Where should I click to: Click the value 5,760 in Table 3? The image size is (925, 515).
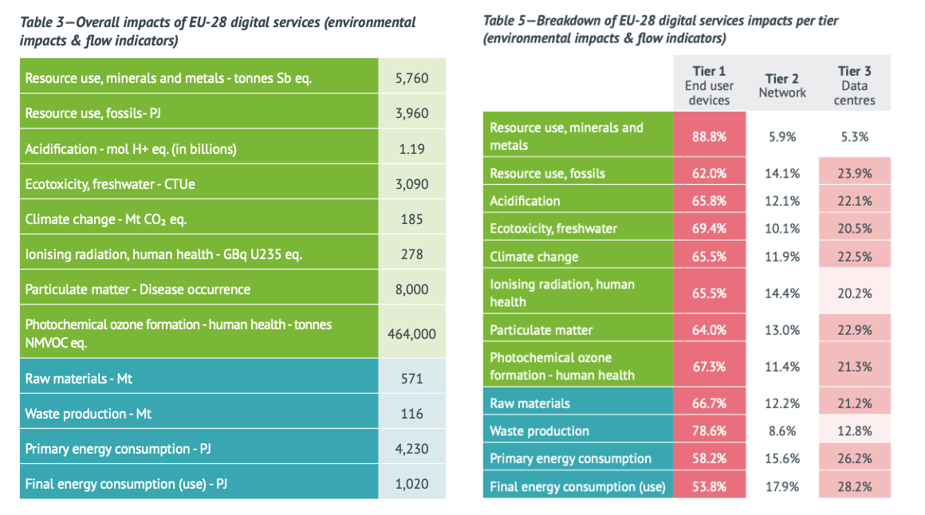pos(411,78)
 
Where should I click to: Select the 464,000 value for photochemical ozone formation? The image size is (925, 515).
pos(411,334)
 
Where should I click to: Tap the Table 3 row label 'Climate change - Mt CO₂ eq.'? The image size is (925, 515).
pos(106,219)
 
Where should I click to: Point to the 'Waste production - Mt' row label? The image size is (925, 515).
pos(89,414)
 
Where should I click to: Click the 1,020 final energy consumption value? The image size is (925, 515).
pos(411,484)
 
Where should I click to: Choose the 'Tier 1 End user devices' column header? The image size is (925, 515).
pos(709,85)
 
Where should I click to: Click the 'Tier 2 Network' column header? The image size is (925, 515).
pos(781,85)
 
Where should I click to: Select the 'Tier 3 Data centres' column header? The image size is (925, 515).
pos(855,85)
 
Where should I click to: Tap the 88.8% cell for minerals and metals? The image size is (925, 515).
pos(709,136)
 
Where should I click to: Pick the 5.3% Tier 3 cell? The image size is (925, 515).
pos(855,136)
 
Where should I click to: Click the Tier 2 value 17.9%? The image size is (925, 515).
pos(781,486)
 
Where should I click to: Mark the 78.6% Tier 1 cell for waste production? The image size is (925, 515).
pos(709,430)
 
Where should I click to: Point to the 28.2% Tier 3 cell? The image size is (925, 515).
pos(855,486)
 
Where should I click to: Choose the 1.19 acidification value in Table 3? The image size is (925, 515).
pos(411,149)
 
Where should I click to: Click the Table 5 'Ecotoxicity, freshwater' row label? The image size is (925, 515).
pos(553,229)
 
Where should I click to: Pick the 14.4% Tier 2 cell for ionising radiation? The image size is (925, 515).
pos(781,293)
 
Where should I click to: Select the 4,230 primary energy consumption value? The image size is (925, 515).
pos(411,449)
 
